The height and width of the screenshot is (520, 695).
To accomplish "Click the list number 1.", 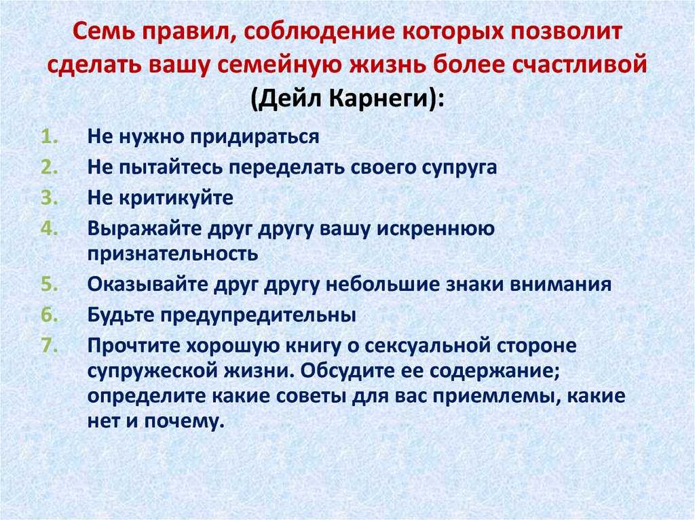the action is pos(50,136).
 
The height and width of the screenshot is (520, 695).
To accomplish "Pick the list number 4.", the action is pos(50,228).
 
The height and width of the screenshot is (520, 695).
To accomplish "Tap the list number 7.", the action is pos(50,346).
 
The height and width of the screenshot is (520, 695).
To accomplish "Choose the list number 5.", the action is pos(50,284).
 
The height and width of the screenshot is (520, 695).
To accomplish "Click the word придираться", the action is pos(255,137).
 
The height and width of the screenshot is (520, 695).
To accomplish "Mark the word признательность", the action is pos(172,254).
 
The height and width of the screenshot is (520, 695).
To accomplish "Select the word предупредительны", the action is pos(258,315).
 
